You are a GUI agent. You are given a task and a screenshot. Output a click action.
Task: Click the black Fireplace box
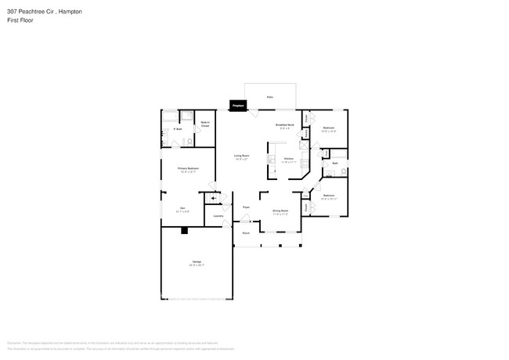click(237, 104)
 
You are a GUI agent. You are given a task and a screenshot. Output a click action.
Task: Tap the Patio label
click(269, 96)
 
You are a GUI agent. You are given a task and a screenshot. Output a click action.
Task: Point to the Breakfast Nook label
click(284, 125)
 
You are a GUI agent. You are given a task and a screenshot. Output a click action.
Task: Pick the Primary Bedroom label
click(188, 169)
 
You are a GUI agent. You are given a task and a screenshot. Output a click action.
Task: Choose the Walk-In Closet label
click(204, 124)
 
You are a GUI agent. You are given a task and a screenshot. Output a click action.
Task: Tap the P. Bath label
click(178, 128)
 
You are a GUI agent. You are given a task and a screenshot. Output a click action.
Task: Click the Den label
click(181, 208)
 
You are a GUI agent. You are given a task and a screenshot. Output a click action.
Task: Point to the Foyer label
click(245, 207)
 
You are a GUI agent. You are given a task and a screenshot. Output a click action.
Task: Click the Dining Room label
click(280, 211)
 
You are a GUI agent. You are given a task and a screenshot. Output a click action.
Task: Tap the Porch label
click(245, 233)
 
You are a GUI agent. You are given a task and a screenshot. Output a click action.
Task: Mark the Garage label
click(197, 262)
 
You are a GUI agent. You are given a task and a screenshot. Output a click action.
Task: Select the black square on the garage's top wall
click(183, 230)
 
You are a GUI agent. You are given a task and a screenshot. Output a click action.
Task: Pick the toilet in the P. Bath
click(190, 141)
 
